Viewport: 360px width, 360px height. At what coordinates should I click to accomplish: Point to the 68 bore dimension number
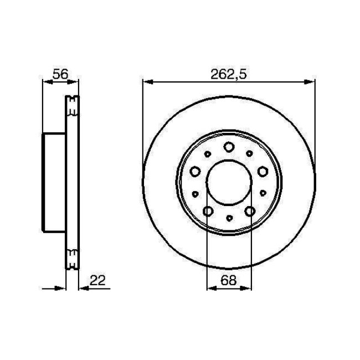[228, 281]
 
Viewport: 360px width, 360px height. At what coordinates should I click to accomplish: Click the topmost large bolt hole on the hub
[229, 147]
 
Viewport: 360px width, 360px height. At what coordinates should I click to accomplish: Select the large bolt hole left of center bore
[195, 172]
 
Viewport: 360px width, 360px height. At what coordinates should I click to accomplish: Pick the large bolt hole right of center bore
[262, 172]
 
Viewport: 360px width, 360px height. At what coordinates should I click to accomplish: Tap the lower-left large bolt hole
[208, 211]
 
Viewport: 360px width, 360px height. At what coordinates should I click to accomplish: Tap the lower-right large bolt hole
[249, 211]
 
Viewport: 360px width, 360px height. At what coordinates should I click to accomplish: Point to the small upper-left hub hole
[207, 153]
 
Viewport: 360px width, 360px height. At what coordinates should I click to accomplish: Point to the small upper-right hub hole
[250, 153]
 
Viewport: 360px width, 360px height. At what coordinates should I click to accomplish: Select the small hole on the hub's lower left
[194, 194]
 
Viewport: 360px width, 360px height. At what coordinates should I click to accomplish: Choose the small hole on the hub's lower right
[263, 194]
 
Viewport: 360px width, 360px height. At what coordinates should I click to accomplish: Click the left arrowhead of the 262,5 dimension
[146, 83]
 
